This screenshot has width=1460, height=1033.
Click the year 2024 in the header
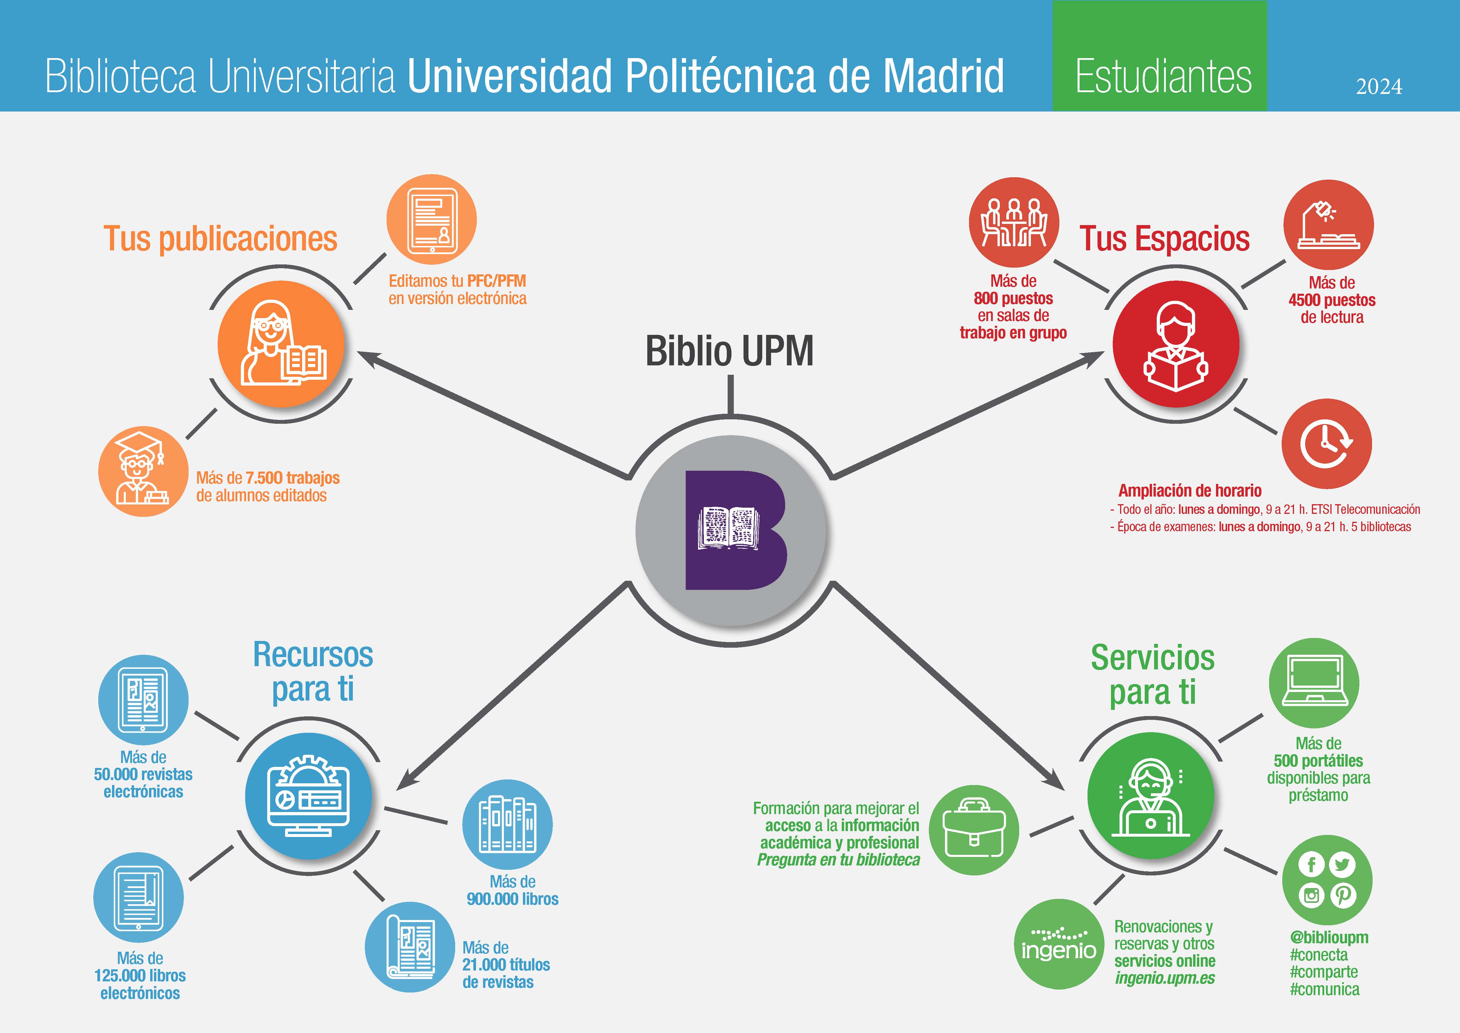click(x=1378, y=87)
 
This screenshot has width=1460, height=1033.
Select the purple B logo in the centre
click(x=731, y=530)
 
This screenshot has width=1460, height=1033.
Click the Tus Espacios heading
click(x=1164, y=239)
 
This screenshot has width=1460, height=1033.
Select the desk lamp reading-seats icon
click(x=1328, y=225)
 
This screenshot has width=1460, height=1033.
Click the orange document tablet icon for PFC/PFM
click(x=432, y=220)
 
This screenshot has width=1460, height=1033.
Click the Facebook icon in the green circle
click(x=1311, y=865)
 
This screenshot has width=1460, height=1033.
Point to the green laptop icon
click(x=1314, y=683)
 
